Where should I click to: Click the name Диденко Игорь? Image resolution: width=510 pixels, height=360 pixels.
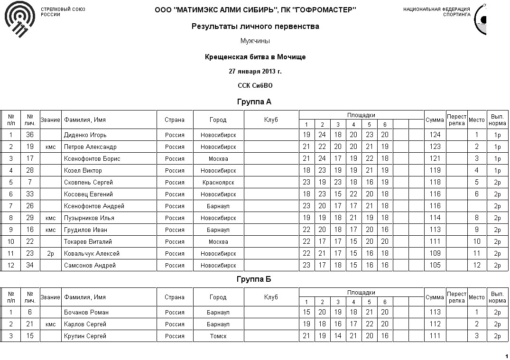point(85,135)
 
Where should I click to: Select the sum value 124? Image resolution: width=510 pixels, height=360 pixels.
point(435,135)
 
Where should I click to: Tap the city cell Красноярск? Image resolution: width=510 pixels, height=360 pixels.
point(218,183)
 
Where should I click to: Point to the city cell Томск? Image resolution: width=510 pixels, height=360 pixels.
point(218,336)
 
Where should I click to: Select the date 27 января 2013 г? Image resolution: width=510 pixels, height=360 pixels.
point(255,72)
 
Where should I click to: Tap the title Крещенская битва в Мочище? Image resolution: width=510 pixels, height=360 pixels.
point(255,57)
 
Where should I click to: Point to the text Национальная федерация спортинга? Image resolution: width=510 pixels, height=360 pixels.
point(436,12)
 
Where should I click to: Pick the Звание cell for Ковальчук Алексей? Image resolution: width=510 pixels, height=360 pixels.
point(51,254)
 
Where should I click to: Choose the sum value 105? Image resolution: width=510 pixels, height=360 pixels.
point(435,266)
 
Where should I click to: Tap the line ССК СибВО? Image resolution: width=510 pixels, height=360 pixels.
point(255,86)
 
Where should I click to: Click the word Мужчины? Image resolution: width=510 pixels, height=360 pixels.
point(255,41)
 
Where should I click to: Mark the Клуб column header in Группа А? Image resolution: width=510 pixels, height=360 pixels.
point(271,120)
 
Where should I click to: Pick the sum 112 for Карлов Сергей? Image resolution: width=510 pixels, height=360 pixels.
point(435,324)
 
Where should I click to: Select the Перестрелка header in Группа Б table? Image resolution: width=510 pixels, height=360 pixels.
point(456,297)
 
